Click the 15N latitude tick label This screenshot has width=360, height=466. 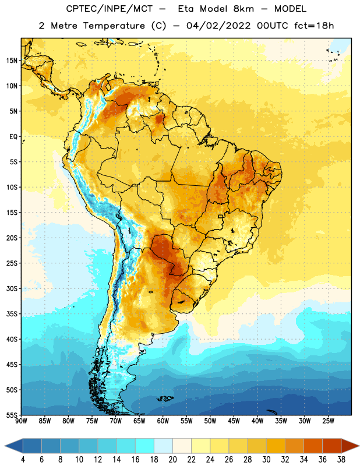pos(12,61)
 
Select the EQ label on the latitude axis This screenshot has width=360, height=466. pos(13,137)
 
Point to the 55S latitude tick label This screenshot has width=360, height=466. pos(12,415)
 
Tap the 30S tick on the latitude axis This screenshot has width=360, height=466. pos(12,288)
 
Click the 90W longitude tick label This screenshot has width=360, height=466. pos(21,421)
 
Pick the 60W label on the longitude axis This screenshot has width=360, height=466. pos(163,421)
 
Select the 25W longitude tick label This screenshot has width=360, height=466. pos(329,421)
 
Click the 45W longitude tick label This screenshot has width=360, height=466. pos(234,421)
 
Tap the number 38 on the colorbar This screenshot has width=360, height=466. pos(341,460)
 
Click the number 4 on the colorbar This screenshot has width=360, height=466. pos(23,460)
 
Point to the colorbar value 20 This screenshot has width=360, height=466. pos(172,460)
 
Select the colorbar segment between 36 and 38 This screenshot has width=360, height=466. pos(332,446)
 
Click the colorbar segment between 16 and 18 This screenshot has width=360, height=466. pos(145,446)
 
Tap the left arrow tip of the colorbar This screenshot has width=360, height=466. pos(5,446)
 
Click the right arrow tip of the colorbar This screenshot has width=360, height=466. pos(359,446)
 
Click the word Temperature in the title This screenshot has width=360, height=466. pos(114,26)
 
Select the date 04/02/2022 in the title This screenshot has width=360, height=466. pos(218,26)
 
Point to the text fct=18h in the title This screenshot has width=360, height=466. pos(314,26)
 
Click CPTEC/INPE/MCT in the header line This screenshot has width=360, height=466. pos(109,9)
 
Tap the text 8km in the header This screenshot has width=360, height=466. pos(243,9)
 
